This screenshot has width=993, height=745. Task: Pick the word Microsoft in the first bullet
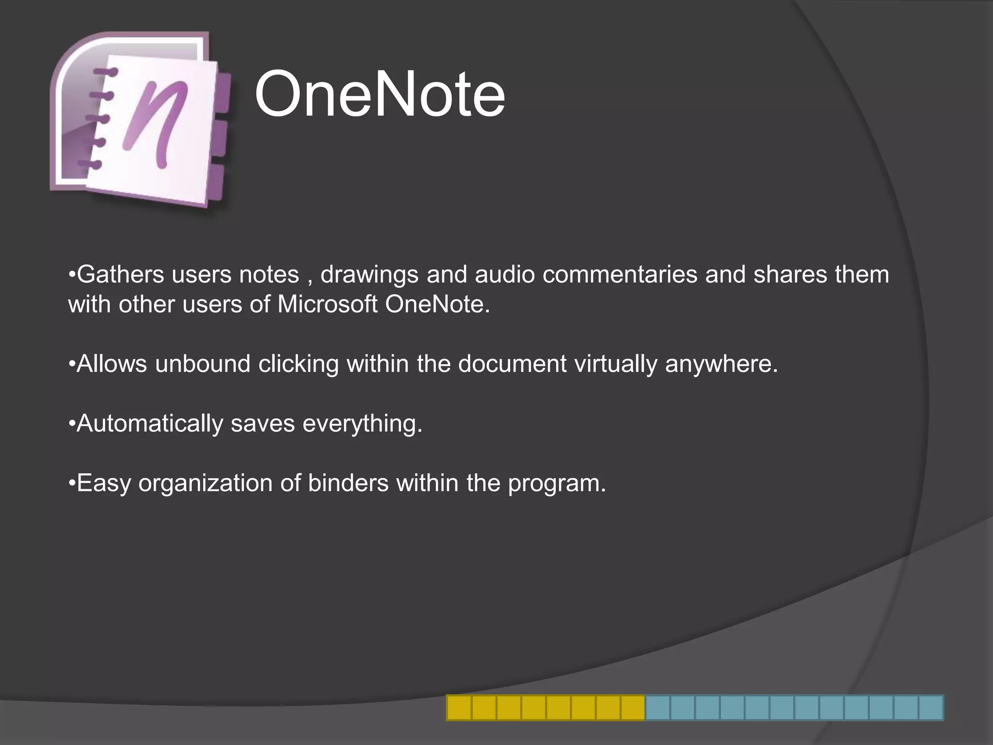327,305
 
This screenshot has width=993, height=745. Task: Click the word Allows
112,364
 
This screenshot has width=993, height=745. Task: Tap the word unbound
203,364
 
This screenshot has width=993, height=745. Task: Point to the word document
512,364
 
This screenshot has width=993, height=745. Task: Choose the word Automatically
149,424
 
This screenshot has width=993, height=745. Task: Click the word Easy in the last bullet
104,484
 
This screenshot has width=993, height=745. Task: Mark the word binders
348,483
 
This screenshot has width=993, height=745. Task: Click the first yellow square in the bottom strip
459,708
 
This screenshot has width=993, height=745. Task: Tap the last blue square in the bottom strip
931,708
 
